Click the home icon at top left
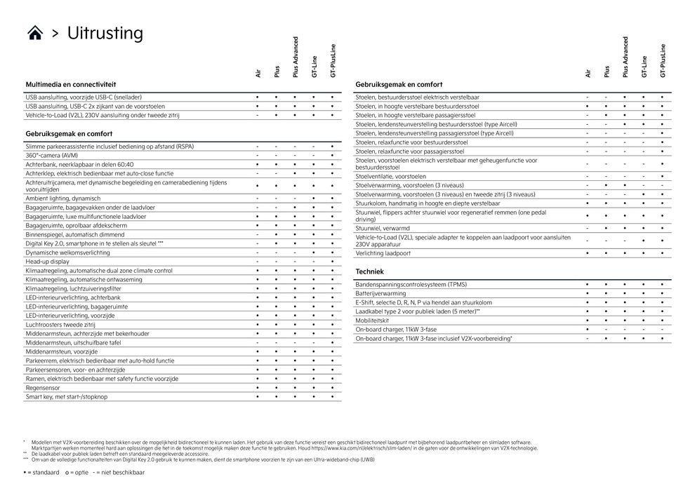click(35, 34)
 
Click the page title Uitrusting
click(105, 33)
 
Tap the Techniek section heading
click(369, 271)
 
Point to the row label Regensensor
click(43, 387)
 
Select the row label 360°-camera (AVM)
click(52, 155)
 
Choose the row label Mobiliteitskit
click(373, 320)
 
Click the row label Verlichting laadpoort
click(383, 253)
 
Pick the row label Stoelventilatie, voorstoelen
click(390, 176)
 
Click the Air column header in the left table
click(258, 72)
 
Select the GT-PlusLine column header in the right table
click(663, 60)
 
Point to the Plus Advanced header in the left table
click(296, 57)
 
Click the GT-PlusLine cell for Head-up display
click(332, 261)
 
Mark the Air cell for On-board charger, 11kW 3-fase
click(588, 329)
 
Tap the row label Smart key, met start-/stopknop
click(67, 396)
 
